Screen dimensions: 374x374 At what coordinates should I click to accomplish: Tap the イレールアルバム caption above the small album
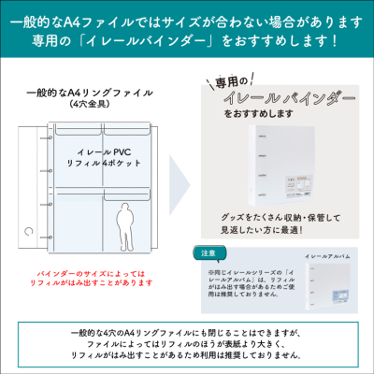(x=327, y=254)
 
